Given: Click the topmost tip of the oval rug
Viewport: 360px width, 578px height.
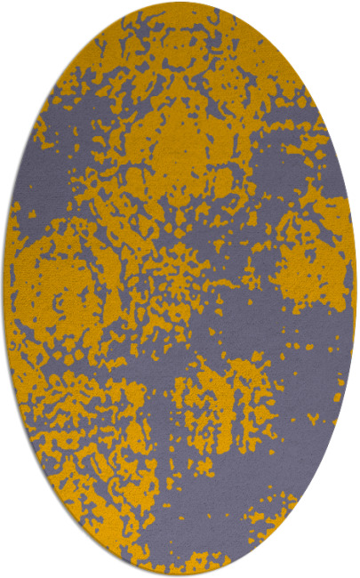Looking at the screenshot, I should click(x=180, y=3).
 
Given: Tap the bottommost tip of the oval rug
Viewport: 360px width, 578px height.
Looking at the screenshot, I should click(x=180, y=575).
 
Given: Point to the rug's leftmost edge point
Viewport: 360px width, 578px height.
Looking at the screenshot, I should click(x=4, y=289).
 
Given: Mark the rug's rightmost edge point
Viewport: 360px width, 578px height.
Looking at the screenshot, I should click(x=356, y=289).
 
